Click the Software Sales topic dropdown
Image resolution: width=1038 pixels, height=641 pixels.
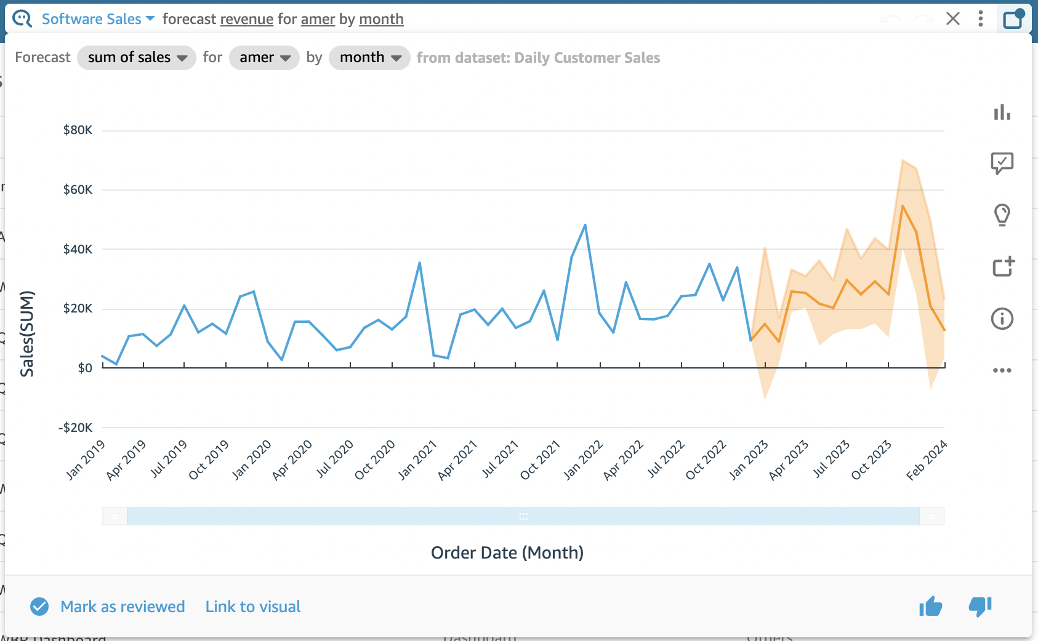tap(97, 19)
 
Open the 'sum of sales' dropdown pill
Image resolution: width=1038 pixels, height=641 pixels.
tap(136, 58)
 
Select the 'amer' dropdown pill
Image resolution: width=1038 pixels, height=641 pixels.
tap(264, 58)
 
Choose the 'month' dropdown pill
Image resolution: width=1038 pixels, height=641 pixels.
tap(369, 58)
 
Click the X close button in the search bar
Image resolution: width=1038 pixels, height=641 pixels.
tap(952, 19)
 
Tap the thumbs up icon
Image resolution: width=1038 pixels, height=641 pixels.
tap(930, 607)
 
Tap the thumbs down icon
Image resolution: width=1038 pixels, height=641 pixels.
tap(980, 607)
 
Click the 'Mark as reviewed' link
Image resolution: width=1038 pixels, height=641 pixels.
tap(122, 607)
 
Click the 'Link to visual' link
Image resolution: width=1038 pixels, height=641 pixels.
tap(253, 607)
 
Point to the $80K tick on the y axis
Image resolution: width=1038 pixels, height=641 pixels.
tap(78, 130)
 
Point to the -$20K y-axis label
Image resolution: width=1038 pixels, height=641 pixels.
tap(75, 428)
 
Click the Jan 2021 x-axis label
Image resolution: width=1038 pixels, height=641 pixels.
tap(417, 460)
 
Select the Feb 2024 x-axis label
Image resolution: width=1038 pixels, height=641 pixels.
tap(926, 460)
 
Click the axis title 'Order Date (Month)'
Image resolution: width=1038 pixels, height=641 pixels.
tap(507, 552)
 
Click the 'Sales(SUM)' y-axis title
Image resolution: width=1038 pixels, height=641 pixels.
tap(27, 333)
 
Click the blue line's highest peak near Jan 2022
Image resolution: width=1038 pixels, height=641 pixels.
tap(585, 225)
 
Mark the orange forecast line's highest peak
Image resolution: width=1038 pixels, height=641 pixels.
tap(903, 206)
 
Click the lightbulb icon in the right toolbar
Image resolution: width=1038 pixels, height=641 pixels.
tap(1002, 215)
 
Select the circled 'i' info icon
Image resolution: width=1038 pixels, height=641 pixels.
tap(1002, 319)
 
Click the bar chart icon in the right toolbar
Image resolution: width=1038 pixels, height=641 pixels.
tap(1002, 112)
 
